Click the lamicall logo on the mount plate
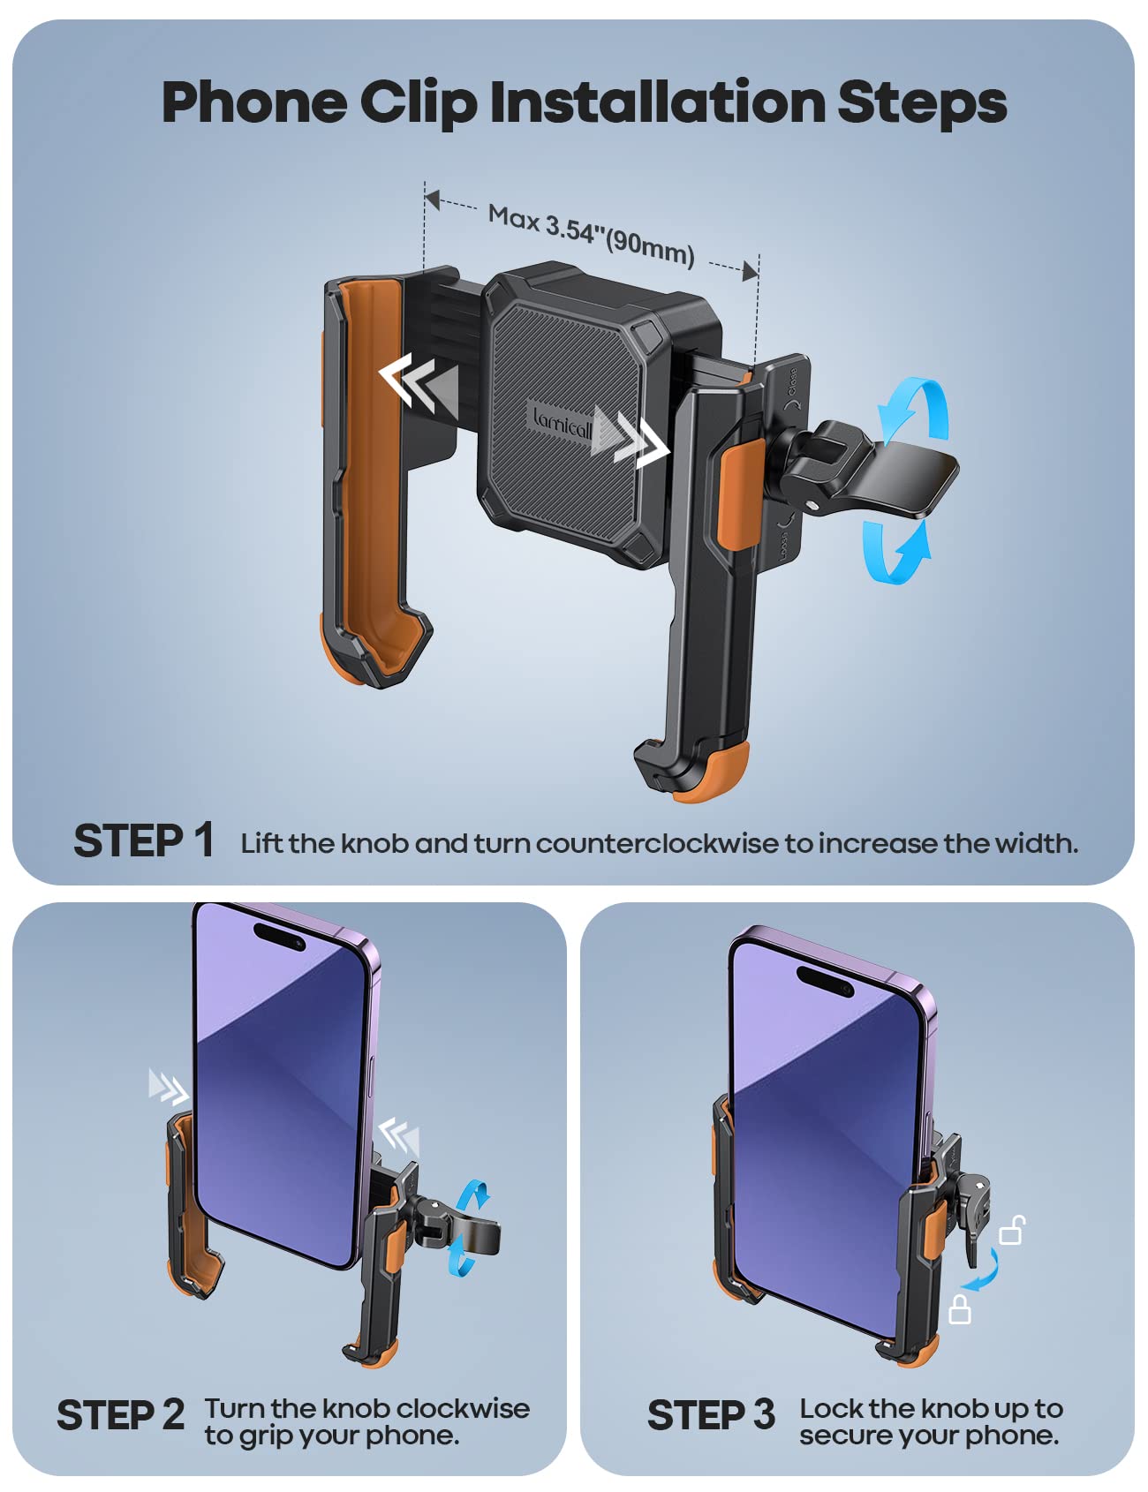tap(563, 424)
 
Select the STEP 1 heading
tap(144, 840)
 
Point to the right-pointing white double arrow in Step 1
tap(634, 437)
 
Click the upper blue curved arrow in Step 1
tap(914, 409)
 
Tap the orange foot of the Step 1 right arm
tap(715, 777)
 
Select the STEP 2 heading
tap(121, 1415)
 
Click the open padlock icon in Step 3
tap(1012, 1231)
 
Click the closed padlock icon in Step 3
tap(960, 1309)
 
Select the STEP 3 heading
tap(711, 1415)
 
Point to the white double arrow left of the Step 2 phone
tap(168, 1087)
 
